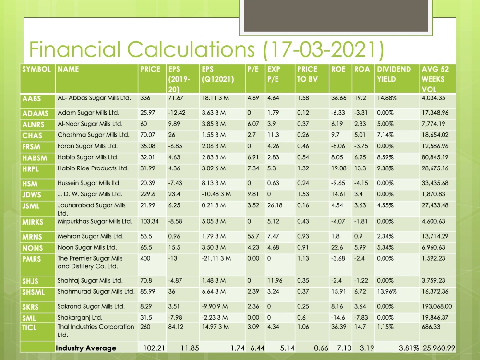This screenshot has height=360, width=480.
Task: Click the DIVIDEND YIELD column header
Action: (x=394, y=74)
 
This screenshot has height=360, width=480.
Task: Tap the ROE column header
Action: (x=338, y=69)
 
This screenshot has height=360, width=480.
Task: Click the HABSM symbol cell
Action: (x=35, y=158)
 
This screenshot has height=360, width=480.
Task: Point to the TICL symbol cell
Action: (x=29, y=328)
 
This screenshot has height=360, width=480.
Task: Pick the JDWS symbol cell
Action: (x=31, y=195)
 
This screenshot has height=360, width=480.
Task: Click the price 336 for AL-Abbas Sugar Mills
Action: (x=145, y=98)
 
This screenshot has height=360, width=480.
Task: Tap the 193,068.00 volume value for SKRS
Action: (x=437, y=306)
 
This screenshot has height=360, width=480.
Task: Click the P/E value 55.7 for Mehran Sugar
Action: (x=253, y=236)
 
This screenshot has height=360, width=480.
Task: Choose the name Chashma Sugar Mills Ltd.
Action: (x=94, y=135)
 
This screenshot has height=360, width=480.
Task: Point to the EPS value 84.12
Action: (x=176, y=327)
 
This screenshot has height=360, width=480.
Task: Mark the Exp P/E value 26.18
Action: (x=275, y=205)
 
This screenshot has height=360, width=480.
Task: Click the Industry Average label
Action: (x=86, y=348)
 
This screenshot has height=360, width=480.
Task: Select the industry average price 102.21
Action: (x=154, y=348)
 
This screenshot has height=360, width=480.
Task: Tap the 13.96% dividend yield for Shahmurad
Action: (x=386, y=292)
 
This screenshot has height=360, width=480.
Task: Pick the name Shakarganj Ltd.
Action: (x=80, y=318)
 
